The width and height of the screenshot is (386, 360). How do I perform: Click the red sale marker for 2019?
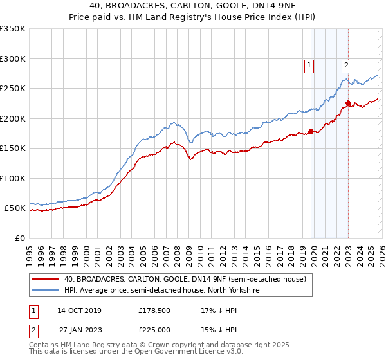311,131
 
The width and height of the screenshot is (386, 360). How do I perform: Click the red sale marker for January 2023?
348,103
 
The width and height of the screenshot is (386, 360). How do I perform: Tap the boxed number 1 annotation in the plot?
309,64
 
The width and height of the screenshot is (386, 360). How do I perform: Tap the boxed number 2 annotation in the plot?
346,64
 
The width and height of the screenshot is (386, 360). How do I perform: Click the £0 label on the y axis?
19,238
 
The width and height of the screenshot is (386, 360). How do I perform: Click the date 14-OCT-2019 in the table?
79,310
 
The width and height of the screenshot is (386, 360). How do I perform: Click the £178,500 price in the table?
155,310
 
